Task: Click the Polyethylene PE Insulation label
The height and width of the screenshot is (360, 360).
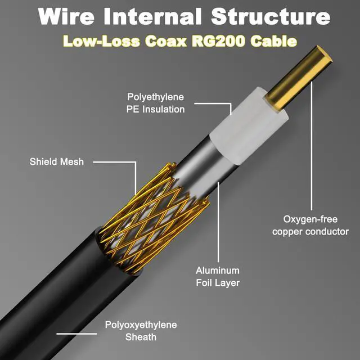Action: point(155,103)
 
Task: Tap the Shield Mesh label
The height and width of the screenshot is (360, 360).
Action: point(56,162)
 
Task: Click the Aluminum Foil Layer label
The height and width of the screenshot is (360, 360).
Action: point(217,277)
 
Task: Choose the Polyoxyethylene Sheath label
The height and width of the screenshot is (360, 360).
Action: point(141,331)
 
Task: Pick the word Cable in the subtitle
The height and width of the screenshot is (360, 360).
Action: point(276,42)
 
